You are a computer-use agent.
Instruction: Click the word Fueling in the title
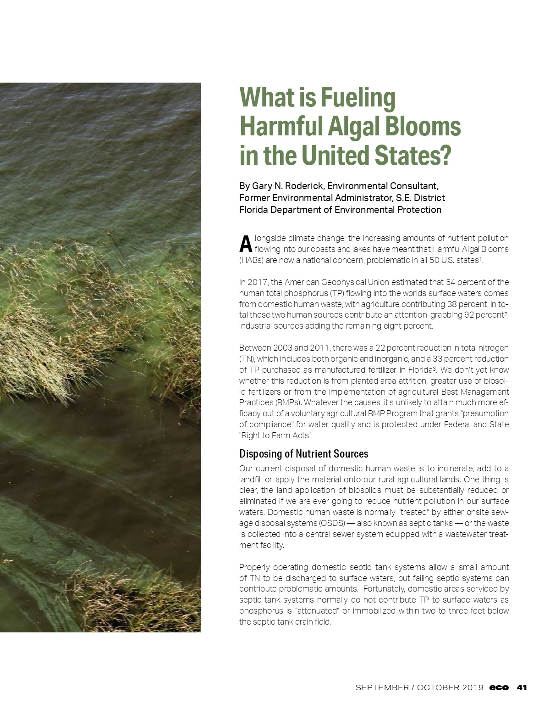[x=357, y=98]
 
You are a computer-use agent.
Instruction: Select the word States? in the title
[x=414, y=156]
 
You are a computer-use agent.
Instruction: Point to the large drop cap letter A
[x=246, y=244]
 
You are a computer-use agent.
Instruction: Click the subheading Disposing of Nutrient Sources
[x=303, y=454]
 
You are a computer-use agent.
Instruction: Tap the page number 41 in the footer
[x=522, y=687]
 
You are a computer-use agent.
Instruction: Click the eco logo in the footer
[x=499, y=687]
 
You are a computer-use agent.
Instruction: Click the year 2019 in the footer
[x=472, y=687]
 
